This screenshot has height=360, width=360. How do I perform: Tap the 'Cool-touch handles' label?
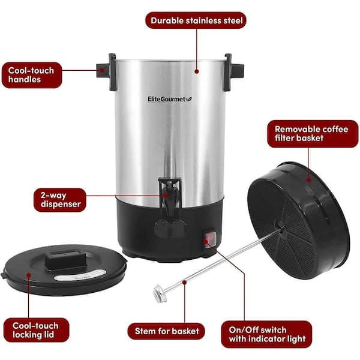[x=32, y=75]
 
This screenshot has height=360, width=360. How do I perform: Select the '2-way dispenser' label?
[x=60, y=200]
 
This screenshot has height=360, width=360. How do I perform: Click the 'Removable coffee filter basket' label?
[x=312, y=134]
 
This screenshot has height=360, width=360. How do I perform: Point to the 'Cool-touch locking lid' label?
[x=36, y=330]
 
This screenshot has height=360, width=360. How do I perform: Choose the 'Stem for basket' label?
[x=166, y=331]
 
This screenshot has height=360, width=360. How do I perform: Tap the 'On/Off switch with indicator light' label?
[x=266, y=334]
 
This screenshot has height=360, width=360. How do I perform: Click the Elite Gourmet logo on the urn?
[x=169, y=99]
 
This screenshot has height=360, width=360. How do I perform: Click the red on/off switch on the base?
[x=209, y=239]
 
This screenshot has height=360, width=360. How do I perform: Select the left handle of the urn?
[x=106, y=71]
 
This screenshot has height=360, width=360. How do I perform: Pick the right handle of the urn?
[x=234, y=71]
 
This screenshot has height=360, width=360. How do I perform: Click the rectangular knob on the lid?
[x=66, y=260]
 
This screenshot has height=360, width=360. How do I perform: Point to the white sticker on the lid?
[x=80, y=275]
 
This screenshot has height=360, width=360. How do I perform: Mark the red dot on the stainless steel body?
[x=197, y=71]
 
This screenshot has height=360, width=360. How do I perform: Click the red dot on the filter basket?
[x=309, y=179]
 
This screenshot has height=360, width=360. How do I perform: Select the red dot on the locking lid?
[x=29, y=275]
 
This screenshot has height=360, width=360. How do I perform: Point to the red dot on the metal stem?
[x=184, y=282]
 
